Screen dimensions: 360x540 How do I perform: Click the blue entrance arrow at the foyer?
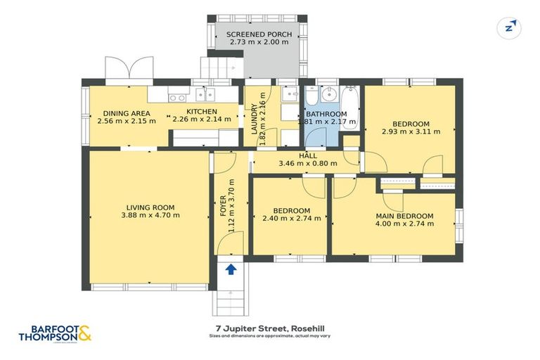[230, 267]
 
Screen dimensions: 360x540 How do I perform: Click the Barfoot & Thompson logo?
[56, 333]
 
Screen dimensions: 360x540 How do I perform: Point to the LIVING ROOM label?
[150, 207]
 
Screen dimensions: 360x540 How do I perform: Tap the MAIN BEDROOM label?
[404, 216]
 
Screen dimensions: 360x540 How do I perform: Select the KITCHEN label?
[201, 111]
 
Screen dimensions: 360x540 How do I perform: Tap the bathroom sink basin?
[329, 95]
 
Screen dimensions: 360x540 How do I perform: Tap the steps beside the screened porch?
[222, 68]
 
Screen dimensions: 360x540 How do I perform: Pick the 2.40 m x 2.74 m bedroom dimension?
[292, 218]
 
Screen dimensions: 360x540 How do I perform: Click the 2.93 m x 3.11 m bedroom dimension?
[411, 131]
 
